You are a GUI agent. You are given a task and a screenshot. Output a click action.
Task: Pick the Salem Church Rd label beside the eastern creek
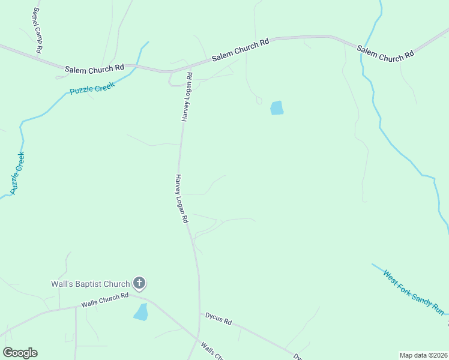coord(385,52)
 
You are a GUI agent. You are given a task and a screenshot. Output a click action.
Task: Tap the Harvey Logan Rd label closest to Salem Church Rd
coord(186,97)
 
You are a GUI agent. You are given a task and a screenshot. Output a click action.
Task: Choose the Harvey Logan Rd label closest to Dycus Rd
coord(182,199)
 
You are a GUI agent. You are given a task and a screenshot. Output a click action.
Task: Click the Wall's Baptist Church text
coord(90,284)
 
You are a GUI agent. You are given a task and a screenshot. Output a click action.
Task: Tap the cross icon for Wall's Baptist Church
coord(139,283)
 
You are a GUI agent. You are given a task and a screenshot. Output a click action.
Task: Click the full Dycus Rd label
coord(218,317)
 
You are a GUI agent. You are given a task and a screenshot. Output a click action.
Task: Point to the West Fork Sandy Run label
coord(414,292)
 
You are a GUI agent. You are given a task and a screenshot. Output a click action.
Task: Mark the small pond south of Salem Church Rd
coord(277,108)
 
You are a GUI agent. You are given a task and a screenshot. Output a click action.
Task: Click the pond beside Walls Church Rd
coord(141,312)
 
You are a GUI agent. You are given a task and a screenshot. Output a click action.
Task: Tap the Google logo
coord(20,353)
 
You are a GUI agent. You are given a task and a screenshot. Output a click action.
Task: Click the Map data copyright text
coord(423,355)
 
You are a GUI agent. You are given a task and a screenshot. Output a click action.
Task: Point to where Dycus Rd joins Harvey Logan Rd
coord(199,311)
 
